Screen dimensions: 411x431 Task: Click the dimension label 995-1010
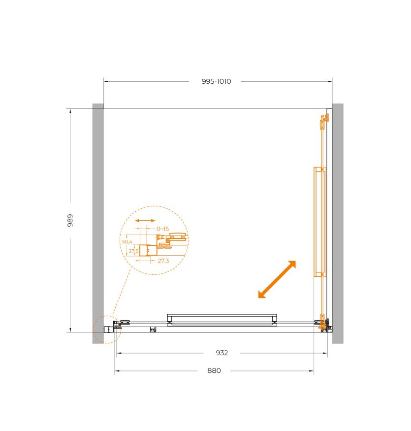click(216, 81)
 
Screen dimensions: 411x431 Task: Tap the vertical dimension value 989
click(70, 221)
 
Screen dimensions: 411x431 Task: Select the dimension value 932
click(221, 353)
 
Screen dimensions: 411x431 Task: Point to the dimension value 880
click(214, 370)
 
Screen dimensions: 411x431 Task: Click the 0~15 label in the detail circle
click(162, 229)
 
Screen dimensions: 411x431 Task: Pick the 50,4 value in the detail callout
click(127, 242)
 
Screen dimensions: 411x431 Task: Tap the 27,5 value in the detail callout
click(133, 251)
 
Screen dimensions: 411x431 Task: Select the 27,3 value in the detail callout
click(163, 261)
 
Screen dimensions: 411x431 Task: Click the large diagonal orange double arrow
click(277, 279)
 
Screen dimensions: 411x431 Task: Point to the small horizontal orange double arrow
click(145, 221)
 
